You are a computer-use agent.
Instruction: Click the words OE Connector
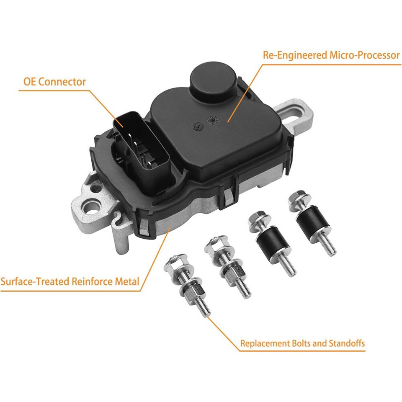tap(54, 82)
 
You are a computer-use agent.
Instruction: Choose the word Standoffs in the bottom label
tap(347, 344)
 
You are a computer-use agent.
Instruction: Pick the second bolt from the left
tap(228, 265)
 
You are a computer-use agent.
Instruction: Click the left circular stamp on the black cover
tap(197, 124)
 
